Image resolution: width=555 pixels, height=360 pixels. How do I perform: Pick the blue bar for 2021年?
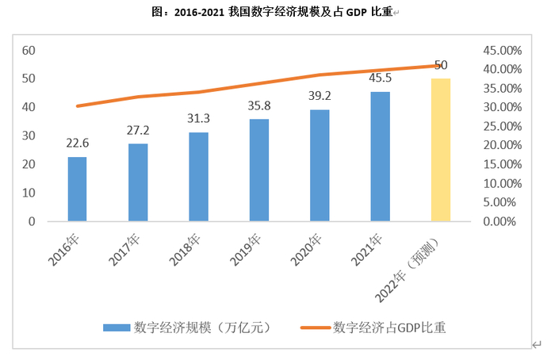click(x=380, y=156)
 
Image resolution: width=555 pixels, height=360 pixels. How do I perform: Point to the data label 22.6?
click(x=77, y=143)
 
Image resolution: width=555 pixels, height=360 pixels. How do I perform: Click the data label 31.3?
click(x=198, y=118)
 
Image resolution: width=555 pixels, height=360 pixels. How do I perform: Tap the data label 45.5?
click(x=380, y=78)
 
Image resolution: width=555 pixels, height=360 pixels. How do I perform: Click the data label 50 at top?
click(x=441, y=64)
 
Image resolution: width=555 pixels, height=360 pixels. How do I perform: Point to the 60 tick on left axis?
click(x=29, y=50)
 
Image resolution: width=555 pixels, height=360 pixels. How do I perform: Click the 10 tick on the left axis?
click(x=29, y=193)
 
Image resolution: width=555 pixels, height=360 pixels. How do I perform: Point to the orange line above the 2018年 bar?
click(x=198, y=92)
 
